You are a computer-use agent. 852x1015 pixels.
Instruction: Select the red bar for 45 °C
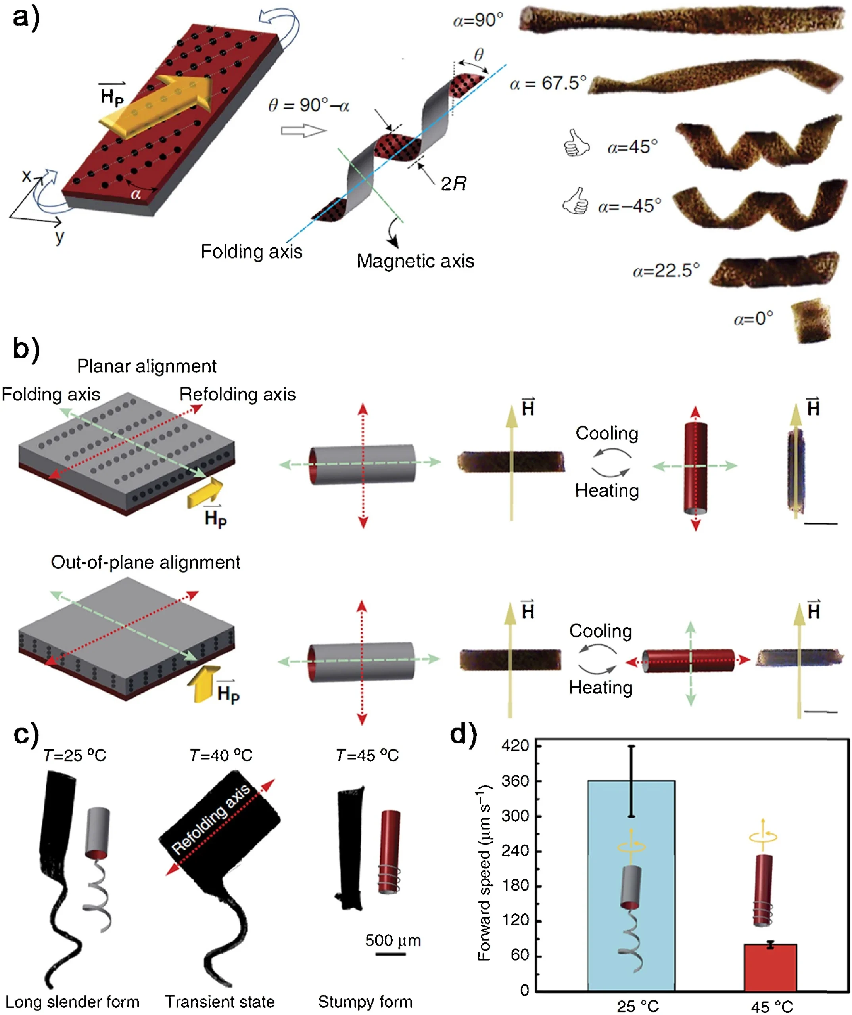coord(770,967)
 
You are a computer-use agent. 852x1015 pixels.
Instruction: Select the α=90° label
coord(478,20)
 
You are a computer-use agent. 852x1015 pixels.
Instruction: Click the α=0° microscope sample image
coord(811,320)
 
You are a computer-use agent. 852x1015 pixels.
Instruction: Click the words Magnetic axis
coord(415,261)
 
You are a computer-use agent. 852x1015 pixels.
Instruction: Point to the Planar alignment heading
coord(146,366)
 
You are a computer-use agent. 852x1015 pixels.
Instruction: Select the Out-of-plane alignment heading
coord(146,562)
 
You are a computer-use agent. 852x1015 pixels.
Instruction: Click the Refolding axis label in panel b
coord(238,395)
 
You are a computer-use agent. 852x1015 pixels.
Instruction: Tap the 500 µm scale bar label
coord(393,940)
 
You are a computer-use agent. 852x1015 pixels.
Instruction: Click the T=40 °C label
coord(221,755)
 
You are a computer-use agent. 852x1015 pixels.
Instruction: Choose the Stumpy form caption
coord(365,1002)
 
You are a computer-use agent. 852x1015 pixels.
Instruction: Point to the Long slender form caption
coord(73,1002)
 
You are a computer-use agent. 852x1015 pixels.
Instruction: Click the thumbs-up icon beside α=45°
coord(576,143)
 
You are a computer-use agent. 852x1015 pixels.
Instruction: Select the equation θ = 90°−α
coord(309,105)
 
